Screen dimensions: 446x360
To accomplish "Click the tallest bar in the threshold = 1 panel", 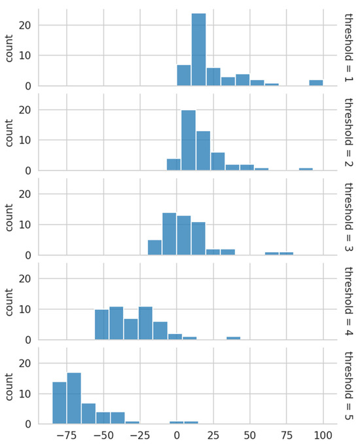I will click(198, 50).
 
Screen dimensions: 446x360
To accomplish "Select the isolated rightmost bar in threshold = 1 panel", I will click(316, 83).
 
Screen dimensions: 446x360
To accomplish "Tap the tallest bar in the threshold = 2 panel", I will click(189, 140).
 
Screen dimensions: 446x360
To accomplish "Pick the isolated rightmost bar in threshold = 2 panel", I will click(306, 169).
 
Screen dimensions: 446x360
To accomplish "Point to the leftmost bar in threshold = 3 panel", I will click(154, 248).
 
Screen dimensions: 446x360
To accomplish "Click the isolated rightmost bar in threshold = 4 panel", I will click(233, 338).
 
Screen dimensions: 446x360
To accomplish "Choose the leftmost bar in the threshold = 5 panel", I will click(59, 403).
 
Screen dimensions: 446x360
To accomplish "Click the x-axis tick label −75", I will click(65, 435).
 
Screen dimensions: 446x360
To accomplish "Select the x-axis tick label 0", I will click(176, 435).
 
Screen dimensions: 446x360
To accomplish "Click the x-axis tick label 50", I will click(249, 435).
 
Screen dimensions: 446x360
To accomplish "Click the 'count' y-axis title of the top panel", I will click(9, 47).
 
